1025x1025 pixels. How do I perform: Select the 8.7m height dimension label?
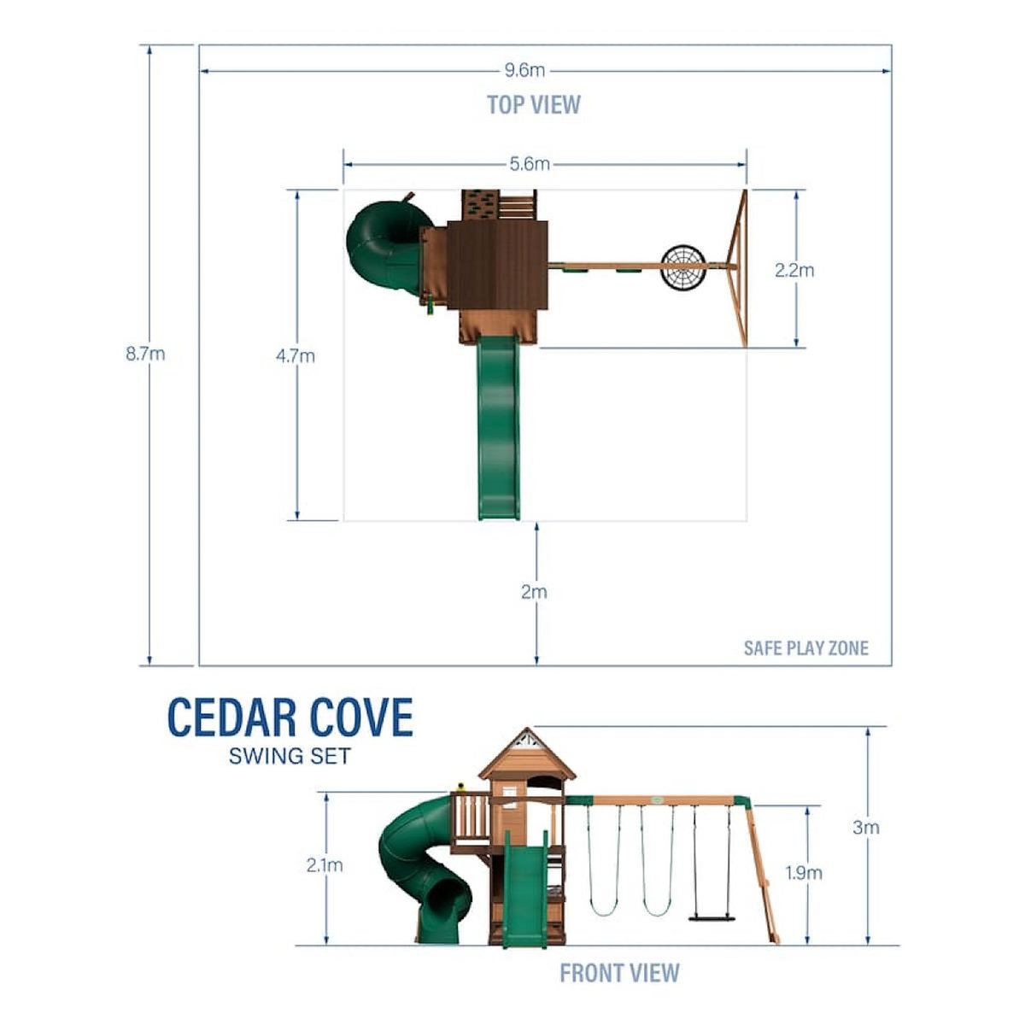click(x=145, y=354)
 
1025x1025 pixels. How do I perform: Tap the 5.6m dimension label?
click(x=530, y=164)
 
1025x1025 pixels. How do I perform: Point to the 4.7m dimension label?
click(x=296, y=356)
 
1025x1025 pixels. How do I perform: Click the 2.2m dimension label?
click(x=794, y=271)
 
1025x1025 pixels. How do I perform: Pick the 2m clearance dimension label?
click(x=535, y=591)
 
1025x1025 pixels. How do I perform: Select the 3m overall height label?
click(x=866, y=827)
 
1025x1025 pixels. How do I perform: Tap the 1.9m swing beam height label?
click(x=804, y=873)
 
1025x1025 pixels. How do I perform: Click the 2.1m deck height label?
click(x=325, y=865)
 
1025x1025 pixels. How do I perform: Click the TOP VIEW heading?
click(x=534, y=105)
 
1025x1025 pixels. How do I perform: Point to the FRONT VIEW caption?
click(x=619, y=972)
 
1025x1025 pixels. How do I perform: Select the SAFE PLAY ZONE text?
click(x=805, y=647)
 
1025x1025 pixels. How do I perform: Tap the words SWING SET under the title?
click(x=290, y=756)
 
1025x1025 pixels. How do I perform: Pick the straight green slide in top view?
click(x=499, y=427)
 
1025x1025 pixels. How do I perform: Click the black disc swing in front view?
click(x=711, y=919)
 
